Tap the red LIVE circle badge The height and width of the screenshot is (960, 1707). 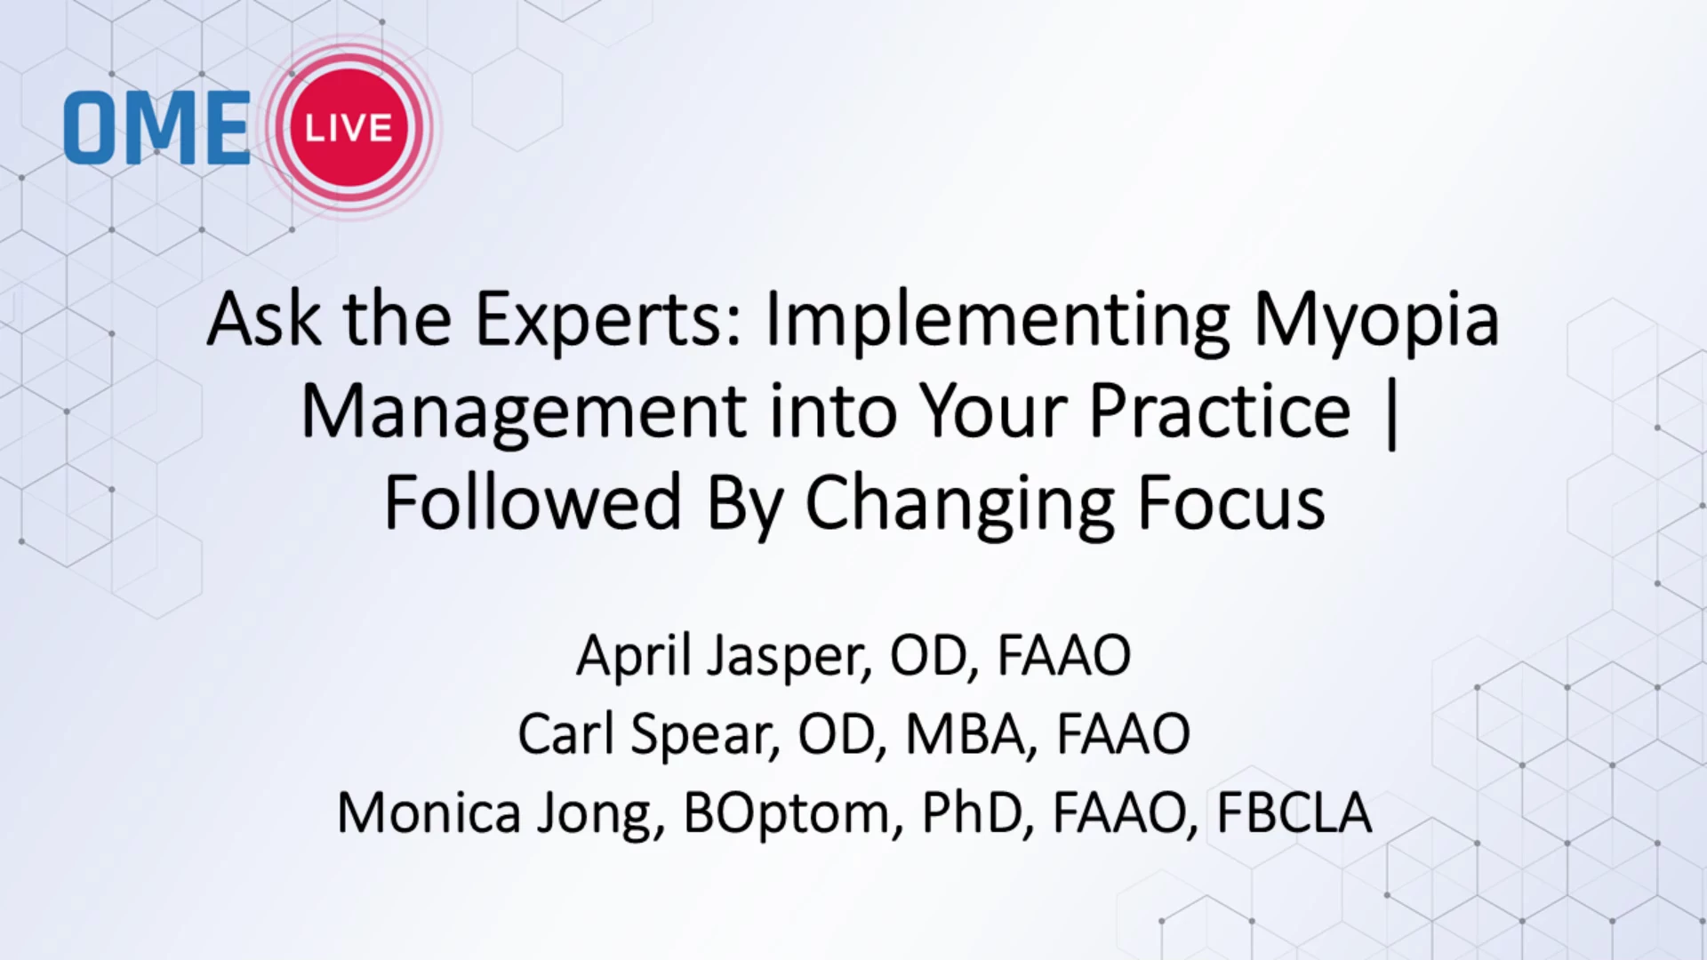click(349, 127)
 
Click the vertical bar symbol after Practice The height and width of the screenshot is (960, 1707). click(1391, 413)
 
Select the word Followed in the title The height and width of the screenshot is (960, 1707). click(533, 501)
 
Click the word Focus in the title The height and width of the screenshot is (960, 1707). click(1231, 502)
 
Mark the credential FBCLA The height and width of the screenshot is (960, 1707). click(1293, 813)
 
